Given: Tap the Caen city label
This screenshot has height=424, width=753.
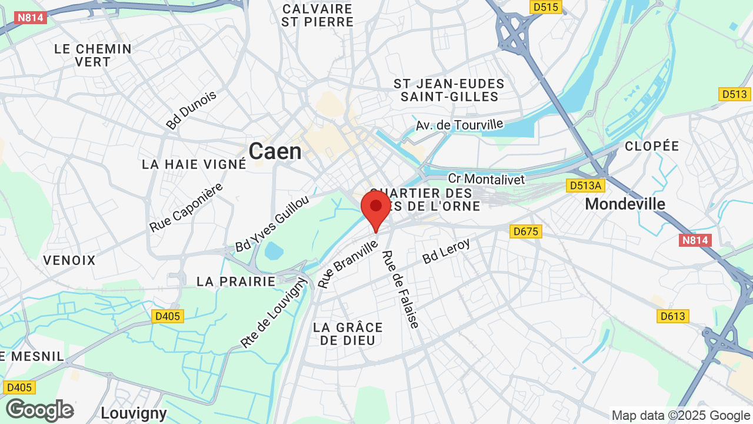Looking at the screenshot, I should (x=275, y=151).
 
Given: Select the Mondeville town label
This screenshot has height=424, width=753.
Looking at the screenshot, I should (x=625, y=204).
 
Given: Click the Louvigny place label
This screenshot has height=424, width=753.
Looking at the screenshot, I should (x=134, y=412).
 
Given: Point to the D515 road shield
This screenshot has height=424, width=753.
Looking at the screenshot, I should (x=546, y=7).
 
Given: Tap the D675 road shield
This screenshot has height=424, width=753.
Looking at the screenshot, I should (x=526, y=231).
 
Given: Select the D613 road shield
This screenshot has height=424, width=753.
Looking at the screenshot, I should (x=672, y=316).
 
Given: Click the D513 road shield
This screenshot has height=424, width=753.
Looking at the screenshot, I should (x=734, y=94).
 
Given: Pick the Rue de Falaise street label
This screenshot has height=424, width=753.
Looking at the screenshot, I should (x=400, y=289).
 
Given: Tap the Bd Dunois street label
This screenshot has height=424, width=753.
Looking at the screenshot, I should (x=191, y=110).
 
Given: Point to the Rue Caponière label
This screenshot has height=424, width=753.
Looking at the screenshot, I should (x=186, y=207).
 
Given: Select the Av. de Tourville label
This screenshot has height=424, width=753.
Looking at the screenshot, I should (x=459, y=125).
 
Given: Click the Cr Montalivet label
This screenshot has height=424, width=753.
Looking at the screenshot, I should (x=486, y=179).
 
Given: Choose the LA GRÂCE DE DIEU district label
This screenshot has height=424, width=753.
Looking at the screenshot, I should (x=348, y=333).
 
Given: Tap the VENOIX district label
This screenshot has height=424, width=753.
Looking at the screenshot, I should (x=69, y=260).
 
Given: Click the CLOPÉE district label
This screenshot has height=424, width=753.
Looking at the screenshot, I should (x=652, y=146).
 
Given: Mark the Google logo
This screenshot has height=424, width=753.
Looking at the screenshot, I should (x=39, y=410).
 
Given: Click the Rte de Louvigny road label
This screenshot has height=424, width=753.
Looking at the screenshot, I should (x=274, y=313).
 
